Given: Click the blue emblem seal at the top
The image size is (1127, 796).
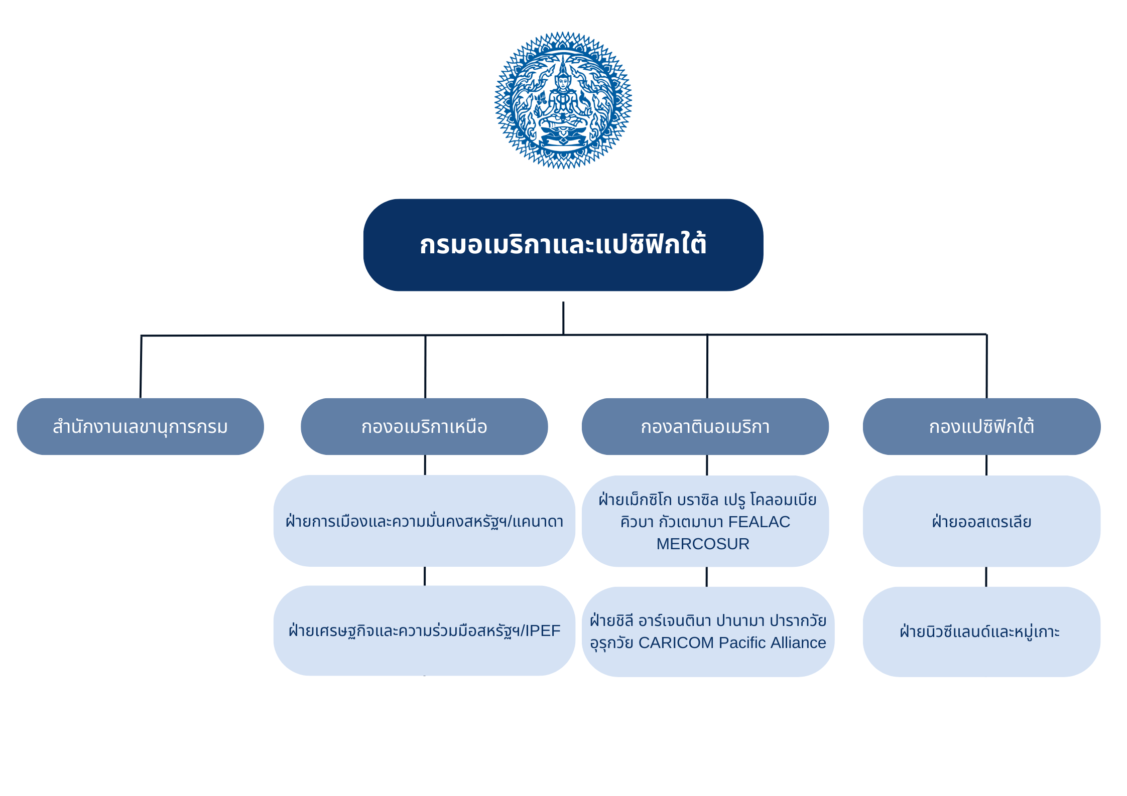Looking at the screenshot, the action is [563, 100].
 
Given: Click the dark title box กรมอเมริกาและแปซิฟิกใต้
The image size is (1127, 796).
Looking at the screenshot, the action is [563, 245].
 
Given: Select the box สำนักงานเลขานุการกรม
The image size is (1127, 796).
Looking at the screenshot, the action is [141, 426].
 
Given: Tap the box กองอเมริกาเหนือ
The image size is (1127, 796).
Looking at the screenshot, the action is [424, 426].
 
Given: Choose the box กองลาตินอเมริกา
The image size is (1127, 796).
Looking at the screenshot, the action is [705, 426].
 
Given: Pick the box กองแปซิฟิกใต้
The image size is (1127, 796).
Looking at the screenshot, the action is [982, 426].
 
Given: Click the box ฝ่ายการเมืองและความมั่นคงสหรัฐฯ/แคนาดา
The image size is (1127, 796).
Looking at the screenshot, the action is [424, 521].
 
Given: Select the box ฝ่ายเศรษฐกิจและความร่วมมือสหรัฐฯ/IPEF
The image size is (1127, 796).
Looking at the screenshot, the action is [424, 630].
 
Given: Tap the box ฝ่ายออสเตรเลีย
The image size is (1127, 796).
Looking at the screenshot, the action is [982, 521].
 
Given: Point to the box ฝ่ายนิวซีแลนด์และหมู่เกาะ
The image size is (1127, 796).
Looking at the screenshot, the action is [982, 631].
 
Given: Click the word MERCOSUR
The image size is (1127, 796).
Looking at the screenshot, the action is [703, 544].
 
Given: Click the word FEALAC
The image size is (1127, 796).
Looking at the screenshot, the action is [759, 522].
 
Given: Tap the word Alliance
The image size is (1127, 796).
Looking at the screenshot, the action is [799, 643].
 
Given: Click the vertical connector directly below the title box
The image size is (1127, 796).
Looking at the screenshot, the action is [563, 318].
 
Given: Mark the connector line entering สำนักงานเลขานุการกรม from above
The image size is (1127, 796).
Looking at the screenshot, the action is [141, 367].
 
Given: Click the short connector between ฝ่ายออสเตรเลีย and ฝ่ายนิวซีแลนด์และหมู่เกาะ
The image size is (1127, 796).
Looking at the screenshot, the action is [986, 577].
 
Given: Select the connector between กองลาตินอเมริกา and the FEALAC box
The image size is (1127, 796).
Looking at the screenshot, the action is [707, 465].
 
